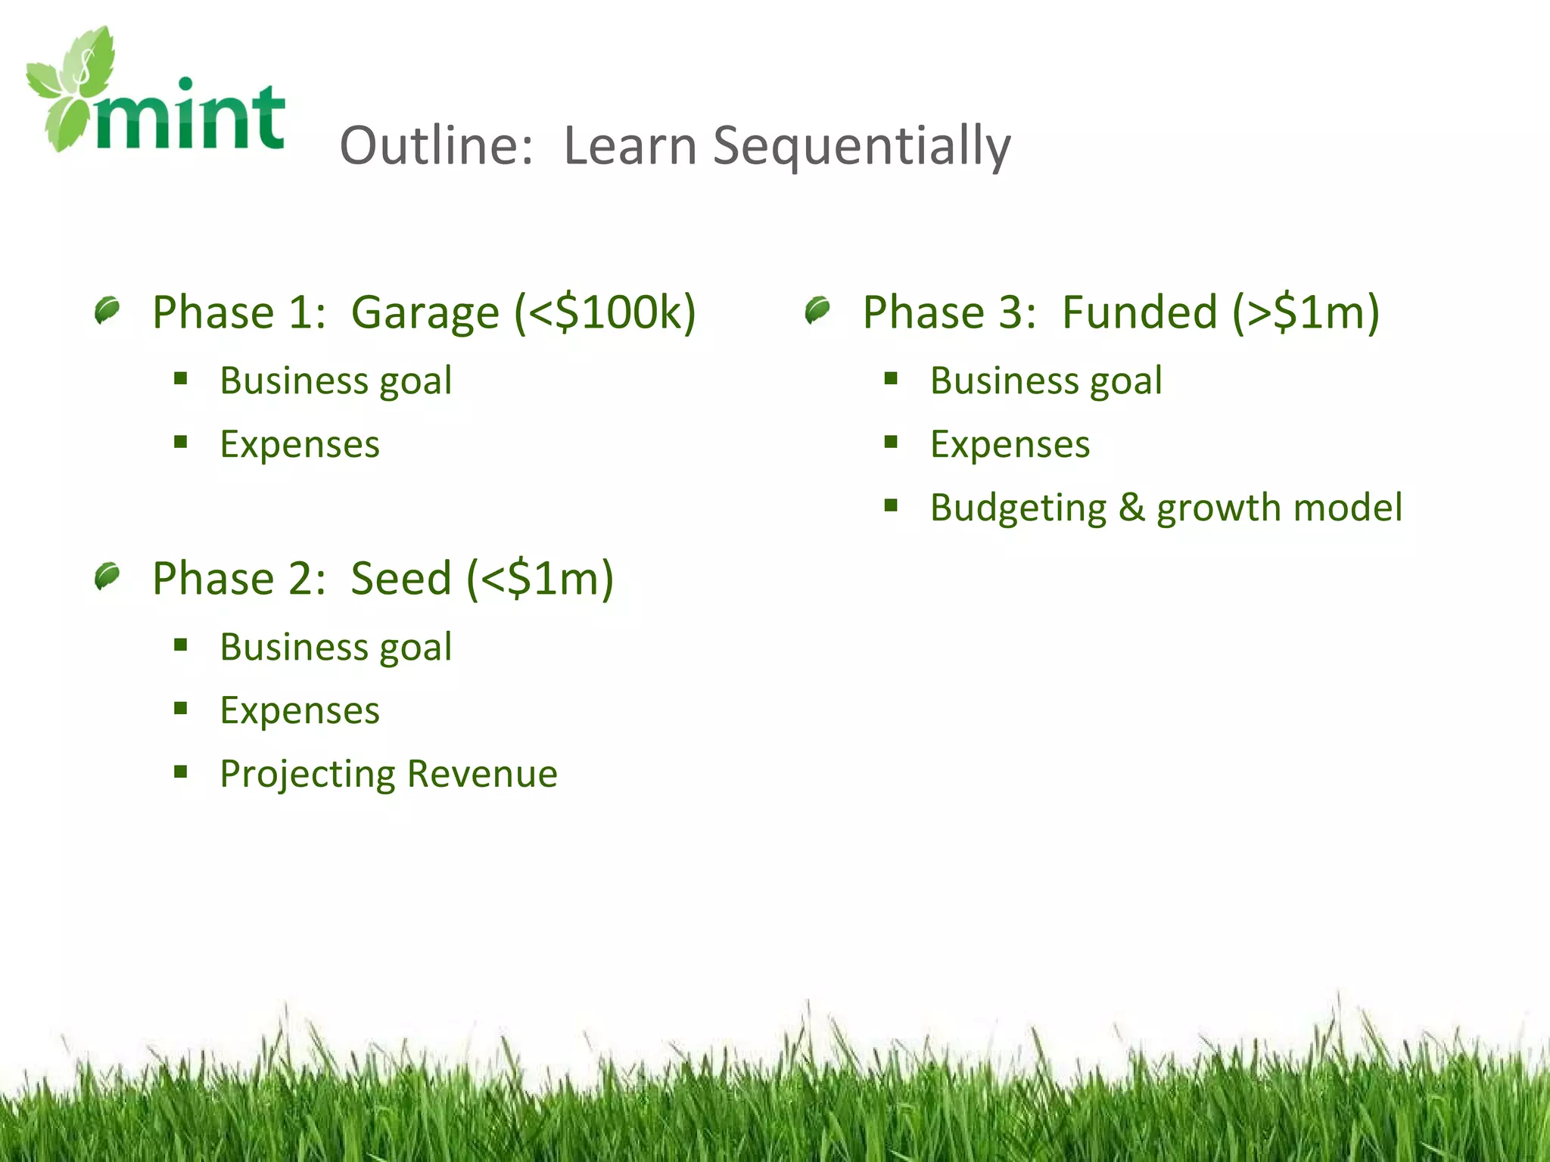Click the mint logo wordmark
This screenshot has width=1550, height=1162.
pyautogui.click(x=189, y=117)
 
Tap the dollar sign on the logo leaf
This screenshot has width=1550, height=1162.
pyautogui.click(x=86, y=70)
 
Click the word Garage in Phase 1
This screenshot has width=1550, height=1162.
pyautogui.click(x=425, y=312)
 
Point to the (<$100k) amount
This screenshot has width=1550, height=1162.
pyautogui.click(x=605, y=312)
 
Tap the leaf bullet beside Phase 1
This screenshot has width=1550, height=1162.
pyautogui.click(x=107, y=310)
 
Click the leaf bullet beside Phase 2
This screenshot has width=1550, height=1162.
pyautogui.click(x=107, y=576)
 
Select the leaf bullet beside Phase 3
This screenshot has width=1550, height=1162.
pyautogui.click(x=817, y=310)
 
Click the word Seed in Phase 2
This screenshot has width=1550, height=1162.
pyautogui.click(x=401, y=579)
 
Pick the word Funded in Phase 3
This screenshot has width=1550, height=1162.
pyautogui.click(x=1139, y=312)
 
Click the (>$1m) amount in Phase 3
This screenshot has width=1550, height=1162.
pyautogui.click(x=1306, y=312)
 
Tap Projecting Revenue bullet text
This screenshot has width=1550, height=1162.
pyautogui.click(x=388, y=774)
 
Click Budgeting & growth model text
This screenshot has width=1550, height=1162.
pyautogui.click(x=1166, y=508)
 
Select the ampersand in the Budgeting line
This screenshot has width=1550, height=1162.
pyautogui.click(x=1131, y=508)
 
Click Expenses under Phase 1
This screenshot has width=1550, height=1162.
pyautogui.click(x=300, y=445)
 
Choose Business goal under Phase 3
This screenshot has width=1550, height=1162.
pyautogui.click(x=1046, y=381)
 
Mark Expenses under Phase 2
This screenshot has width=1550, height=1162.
pyautogui.click(x=300, y=711)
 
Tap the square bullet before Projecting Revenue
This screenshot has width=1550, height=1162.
pyautogui.click(x=180, y=772)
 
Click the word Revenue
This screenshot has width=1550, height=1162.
pyautogui.click(x=482, y=774)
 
